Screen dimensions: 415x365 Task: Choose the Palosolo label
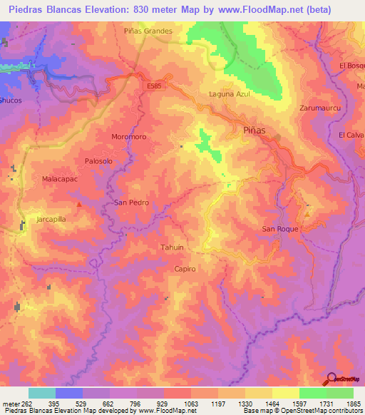[98, 161]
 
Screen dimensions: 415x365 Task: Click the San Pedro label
[131, 203]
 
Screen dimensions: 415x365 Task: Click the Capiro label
[185, 269]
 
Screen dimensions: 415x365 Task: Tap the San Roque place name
[279, 229]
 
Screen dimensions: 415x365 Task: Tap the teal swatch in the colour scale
[42, 393]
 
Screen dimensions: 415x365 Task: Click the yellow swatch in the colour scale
[286, 393]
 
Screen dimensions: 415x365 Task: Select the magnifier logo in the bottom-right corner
[332, 379]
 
